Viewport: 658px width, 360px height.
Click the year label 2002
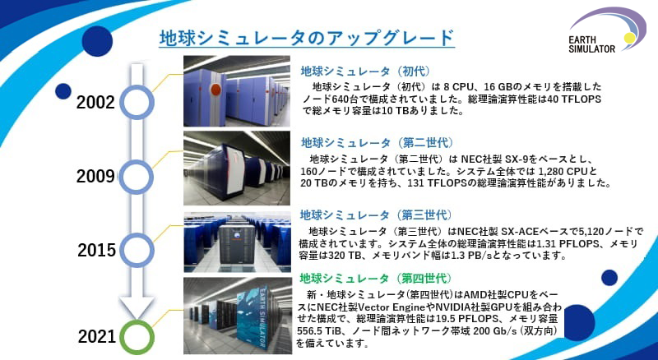click(x=95, y=103)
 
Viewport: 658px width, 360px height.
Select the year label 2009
click(x=95, y=177)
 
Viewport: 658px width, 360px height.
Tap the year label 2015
click(x=96, y=251)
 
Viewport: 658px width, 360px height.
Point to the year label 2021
click(x=97, y=337)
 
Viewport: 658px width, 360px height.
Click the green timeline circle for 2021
click(x=137, y=337)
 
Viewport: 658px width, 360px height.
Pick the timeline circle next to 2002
click(x=137, y=103)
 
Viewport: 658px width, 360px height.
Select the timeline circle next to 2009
click(x=136, y=177)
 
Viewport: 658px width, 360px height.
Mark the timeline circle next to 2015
click(x=137, y=251)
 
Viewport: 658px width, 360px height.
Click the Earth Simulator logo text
click(x=591, y=44)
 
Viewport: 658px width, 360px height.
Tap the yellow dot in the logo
click(x=629, y=38)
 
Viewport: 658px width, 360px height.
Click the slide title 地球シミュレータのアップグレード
click(x=306, y=38)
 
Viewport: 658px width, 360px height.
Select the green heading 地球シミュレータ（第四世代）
click(x=375, y=278)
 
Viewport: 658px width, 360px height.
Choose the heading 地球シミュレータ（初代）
click(x=365, y=71)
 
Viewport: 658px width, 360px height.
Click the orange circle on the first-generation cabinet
click(x=215, y=90)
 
